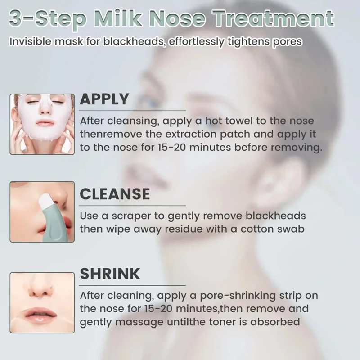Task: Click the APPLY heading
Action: [x=104, y=99]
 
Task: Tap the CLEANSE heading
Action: [x=115, y=194]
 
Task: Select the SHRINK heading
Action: [x=110, y=274]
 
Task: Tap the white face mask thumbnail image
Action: [x=42, y=124]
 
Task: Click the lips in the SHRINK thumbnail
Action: [x=41, y=314]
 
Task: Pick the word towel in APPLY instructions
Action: [x=239, y=121]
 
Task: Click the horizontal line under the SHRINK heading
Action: [x=132, y=285]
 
